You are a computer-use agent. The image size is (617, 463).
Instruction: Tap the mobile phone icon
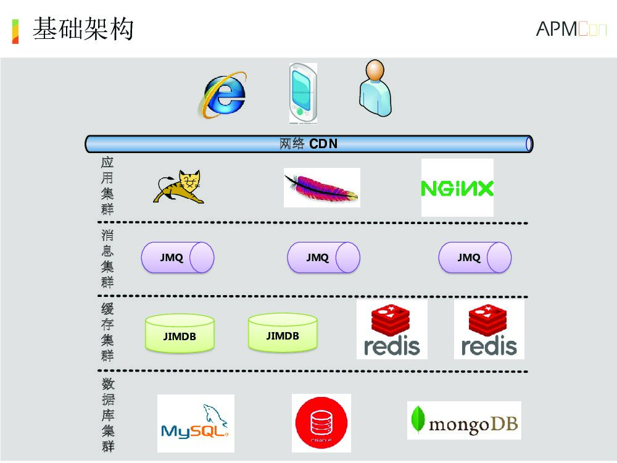point(303,93)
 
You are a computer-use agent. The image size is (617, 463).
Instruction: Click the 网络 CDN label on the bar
point(308,144)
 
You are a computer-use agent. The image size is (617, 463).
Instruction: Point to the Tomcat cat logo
point(179,186)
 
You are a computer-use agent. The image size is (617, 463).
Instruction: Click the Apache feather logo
point(321,188)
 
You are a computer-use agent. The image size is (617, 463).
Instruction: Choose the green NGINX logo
point(457,188)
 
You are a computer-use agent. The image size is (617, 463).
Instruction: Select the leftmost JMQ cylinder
point(178,257)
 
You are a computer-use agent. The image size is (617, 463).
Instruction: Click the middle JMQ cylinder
point(324,257)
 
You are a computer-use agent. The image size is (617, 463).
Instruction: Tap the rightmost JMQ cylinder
point(475,257)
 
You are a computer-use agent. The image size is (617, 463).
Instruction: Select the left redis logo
point(392,330)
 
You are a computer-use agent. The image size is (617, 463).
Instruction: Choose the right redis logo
point(489,330)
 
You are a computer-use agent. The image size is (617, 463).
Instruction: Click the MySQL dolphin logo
point(196,423)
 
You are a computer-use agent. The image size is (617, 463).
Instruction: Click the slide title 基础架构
point(83,29)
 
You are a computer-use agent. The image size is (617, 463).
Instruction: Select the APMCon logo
point(571,29)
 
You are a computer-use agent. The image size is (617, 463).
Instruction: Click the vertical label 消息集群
point(107,259)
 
